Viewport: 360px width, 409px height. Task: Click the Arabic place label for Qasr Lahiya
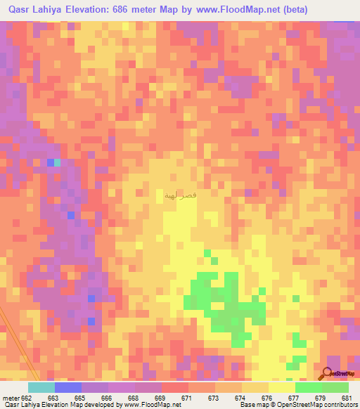[x=180, y=195]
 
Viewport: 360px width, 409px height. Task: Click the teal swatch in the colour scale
[x=41, y=387]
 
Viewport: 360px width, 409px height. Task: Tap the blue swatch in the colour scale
[x=68, y=387]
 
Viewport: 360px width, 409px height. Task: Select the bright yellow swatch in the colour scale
[x=281, y=387]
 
